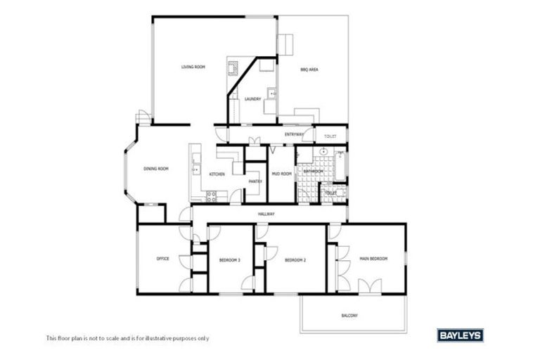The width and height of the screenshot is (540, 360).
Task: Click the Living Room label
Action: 193,67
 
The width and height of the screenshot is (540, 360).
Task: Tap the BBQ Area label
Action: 309,70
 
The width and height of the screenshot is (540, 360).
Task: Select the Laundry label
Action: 252,99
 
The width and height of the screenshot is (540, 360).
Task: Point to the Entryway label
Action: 295,134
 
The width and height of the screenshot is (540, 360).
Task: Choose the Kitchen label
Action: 217,174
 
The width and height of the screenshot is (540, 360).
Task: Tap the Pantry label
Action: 255,181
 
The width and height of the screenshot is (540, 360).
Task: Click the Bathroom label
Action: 314,171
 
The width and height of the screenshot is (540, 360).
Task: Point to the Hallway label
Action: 266,214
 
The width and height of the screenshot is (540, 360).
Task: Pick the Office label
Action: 162,259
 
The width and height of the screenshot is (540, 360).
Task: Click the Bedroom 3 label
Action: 229,260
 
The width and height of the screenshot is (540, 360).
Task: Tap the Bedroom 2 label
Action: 295,260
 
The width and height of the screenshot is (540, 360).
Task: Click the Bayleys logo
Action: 460,336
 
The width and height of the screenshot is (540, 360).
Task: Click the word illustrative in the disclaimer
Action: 157,338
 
